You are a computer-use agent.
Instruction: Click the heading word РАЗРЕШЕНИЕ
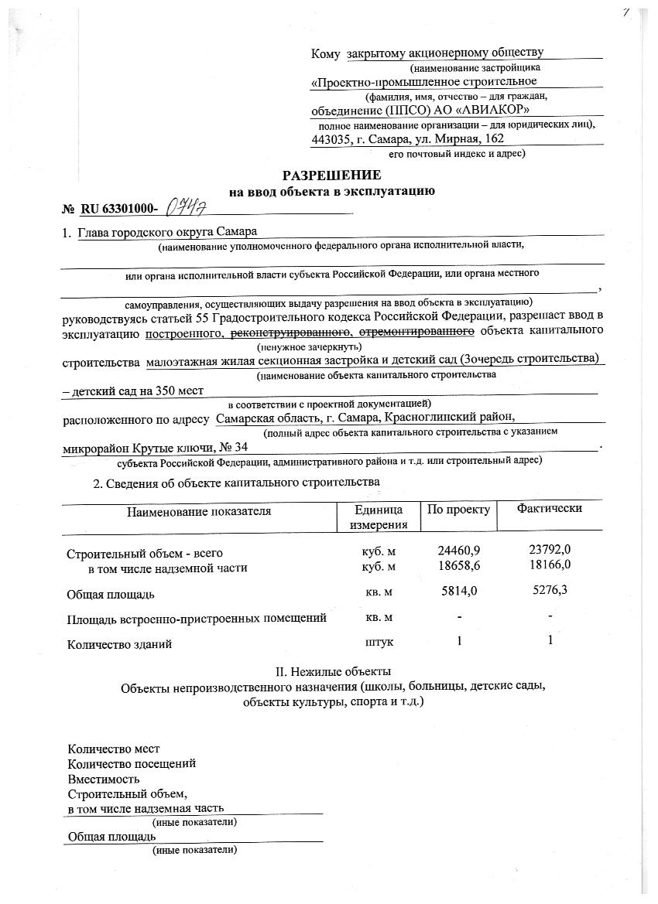click(331, 175)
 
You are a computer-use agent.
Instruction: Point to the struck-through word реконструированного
click(288, 332)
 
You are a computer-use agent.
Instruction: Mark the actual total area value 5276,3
click(550, 592)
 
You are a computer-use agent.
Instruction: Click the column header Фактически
click(550, 508)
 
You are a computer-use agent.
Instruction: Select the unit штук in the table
click(379, 642)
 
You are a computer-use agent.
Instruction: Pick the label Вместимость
click(104, 779)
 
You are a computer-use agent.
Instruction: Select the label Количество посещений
click(132, 763)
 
